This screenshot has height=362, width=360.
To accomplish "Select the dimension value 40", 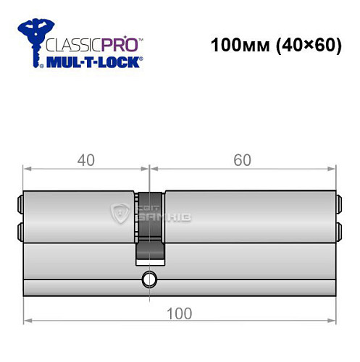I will click(87, 160).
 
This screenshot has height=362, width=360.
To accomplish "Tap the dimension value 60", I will click(243, 160).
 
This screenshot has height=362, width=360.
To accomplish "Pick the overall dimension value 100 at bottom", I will click(180, 313).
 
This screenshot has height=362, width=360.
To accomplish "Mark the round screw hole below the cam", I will click(150, 279).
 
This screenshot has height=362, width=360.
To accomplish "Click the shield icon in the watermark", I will click(120, 212).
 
